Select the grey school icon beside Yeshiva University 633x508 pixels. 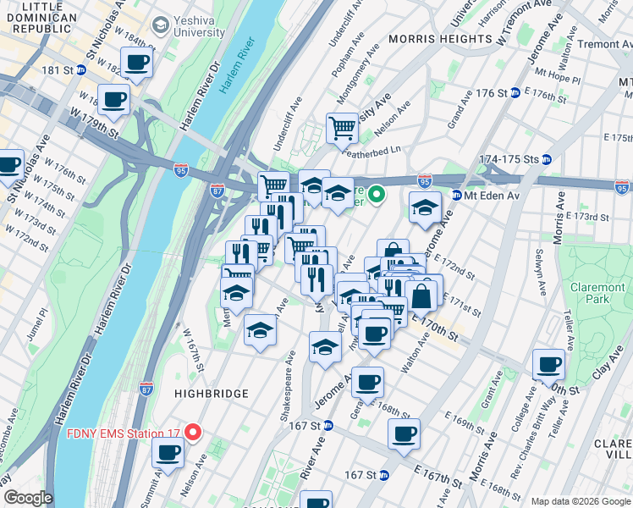point(159,26)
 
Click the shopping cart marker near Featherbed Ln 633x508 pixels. point(342,129)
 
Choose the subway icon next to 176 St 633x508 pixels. point(515,93)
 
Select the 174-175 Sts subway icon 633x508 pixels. point(548,159)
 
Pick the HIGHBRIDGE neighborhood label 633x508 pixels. point(212,394)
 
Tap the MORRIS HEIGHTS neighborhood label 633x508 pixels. point(440,39)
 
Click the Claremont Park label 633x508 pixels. point(597,294)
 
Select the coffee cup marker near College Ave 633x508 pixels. point(548,365)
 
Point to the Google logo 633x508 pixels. point(28,499)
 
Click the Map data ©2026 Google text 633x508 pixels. point(580,501)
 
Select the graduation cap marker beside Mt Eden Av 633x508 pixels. point(425,207)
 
